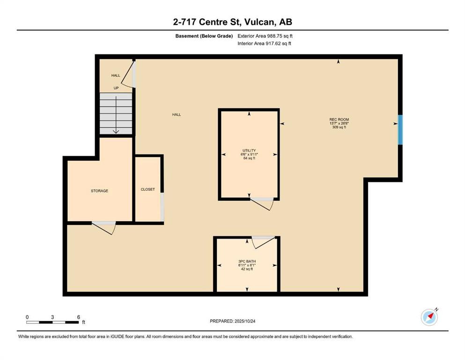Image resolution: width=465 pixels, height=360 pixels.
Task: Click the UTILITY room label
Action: pos(249,150)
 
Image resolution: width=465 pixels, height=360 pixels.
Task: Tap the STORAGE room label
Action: pos(99,191)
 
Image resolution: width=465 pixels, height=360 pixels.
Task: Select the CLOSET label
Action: pos(148,189)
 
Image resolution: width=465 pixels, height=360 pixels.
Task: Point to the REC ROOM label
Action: pos(339,120)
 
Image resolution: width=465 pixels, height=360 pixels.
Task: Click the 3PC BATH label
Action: pos(247,262)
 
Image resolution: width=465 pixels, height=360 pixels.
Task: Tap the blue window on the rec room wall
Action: pos(400,130)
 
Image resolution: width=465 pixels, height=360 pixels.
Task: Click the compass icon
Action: pos(429,317)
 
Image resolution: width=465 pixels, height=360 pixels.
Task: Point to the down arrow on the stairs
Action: pos(116,114)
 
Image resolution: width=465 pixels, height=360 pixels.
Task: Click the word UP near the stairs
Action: pos(116,88)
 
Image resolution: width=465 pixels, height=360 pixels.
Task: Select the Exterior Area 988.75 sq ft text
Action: pos(265,36)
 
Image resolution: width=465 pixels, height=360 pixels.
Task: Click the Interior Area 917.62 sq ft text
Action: pos(264,43)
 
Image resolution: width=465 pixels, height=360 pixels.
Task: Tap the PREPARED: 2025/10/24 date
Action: pos(232,321)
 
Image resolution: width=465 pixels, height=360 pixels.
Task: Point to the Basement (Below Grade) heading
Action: pos(204,36)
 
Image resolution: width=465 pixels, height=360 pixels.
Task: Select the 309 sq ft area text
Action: pos(339,127)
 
